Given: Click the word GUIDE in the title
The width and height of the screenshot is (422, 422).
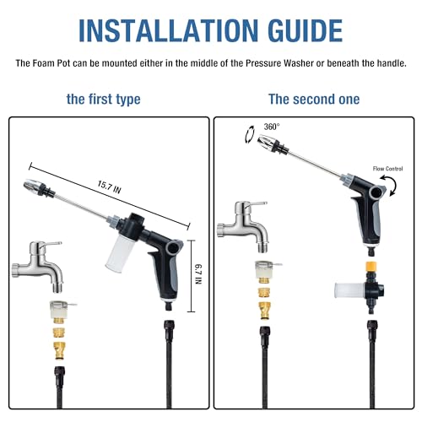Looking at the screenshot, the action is point(305,30).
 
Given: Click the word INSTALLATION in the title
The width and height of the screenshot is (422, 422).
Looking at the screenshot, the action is point(168,30).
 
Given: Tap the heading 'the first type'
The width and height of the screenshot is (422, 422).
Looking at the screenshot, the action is point(103,100).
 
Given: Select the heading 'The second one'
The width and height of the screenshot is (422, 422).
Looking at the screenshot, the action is point(314,99).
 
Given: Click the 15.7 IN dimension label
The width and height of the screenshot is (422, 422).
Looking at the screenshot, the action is point(109,187).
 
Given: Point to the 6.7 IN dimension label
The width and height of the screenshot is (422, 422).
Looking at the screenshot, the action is point(198,274).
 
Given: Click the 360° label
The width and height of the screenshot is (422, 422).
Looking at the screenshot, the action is point(272,127).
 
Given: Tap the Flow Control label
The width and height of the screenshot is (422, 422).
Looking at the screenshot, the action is point(387,169).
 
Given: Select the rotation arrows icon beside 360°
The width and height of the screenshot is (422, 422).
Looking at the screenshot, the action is point(250,135).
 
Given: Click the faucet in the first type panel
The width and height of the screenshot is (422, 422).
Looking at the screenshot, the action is point(38,266).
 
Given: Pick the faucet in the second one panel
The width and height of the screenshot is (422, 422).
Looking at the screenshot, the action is point(243,225).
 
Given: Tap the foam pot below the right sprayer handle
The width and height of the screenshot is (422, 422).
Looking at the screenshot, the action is point(349,290).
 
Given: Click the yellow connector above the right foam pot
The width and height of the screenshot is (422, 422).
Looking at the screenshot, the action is point(371,267).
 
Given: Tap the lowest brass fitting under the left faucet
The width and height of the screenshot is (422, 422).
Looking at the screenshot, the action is point(59,350).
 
